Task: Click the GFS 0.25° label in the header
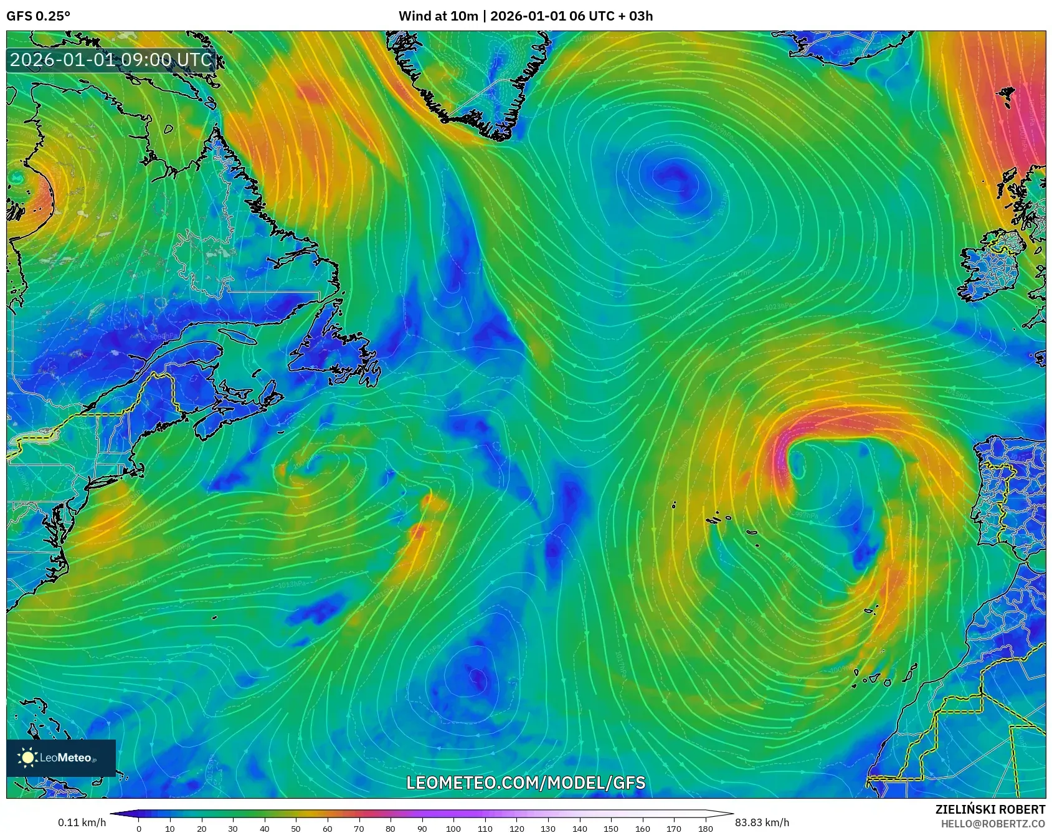38,16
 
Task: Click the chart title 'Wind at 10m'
438,16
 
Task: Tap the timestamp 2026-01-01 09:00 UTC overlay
111,60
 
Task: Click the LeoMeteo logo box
61,758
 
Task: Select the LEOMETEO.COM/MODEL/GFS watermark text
526,783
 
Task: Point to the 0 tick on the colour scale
139,828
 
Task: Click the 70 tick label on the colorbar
359,828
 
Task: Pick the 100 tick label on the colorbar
453,828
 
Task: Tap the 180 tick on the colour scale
705,828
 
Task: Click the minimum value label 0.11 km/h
82,822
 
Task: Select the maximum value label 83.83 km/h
762,822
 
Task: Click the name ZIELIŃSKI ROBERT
990,809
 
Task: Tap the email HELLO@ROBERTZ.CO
993,824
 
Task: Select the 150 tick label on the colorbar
610,828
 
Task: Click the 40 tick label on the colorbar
264,828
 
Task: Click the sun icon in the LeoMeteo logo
28,758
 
